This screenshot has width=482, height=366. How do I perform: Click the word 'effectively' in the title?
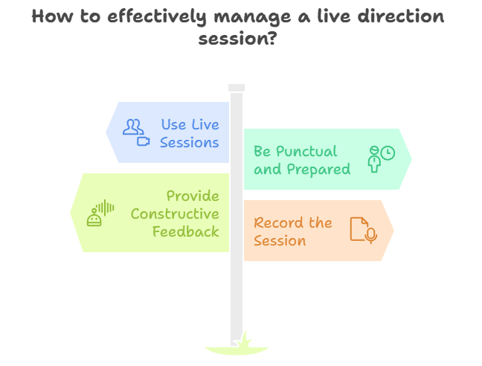[x=157, y=17]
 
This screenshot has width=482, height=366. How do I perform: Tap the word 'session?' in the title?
[x=237, y=39]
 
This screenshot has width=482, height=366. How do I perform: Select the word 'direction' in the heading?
[x=401, y=16]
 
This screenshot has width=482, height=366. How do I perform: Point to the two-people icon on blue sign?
[x=133, y=127]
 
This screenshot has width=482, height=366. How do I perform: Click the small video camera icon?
[x=144, y=141]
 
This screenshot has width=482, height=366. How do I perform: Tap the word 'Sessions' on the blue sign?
[x=190, y=143]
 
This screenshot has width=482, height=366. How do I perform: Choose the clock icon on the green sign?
[x=388, y=152]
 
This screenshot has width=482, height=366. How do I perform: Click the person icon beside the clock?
[x=374, y=159]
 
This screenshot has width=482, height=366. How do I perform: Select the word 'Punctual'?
[x=306, y=151]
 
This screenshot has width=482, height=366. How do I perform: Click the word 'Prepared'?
[x=318, y=170]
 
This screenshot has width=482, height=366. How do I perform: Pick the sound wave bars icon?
[x=105, y=208]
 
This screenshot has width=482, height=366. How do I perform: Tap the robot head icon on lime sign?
[x=94, y=217]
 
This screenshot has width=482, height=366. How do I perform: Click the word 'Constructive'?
[x=175, y=213]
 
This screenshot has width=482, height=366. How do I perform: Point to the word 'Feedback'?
[x=186, y=231]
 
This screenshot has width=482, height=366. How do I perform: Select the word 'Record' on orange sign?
[x=274, y=222]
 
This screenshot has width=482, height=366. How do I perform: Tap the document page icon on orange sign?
[x=358, y=229]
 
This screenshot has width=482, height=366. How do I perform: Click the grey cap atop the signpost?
[x=237, y=88]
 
